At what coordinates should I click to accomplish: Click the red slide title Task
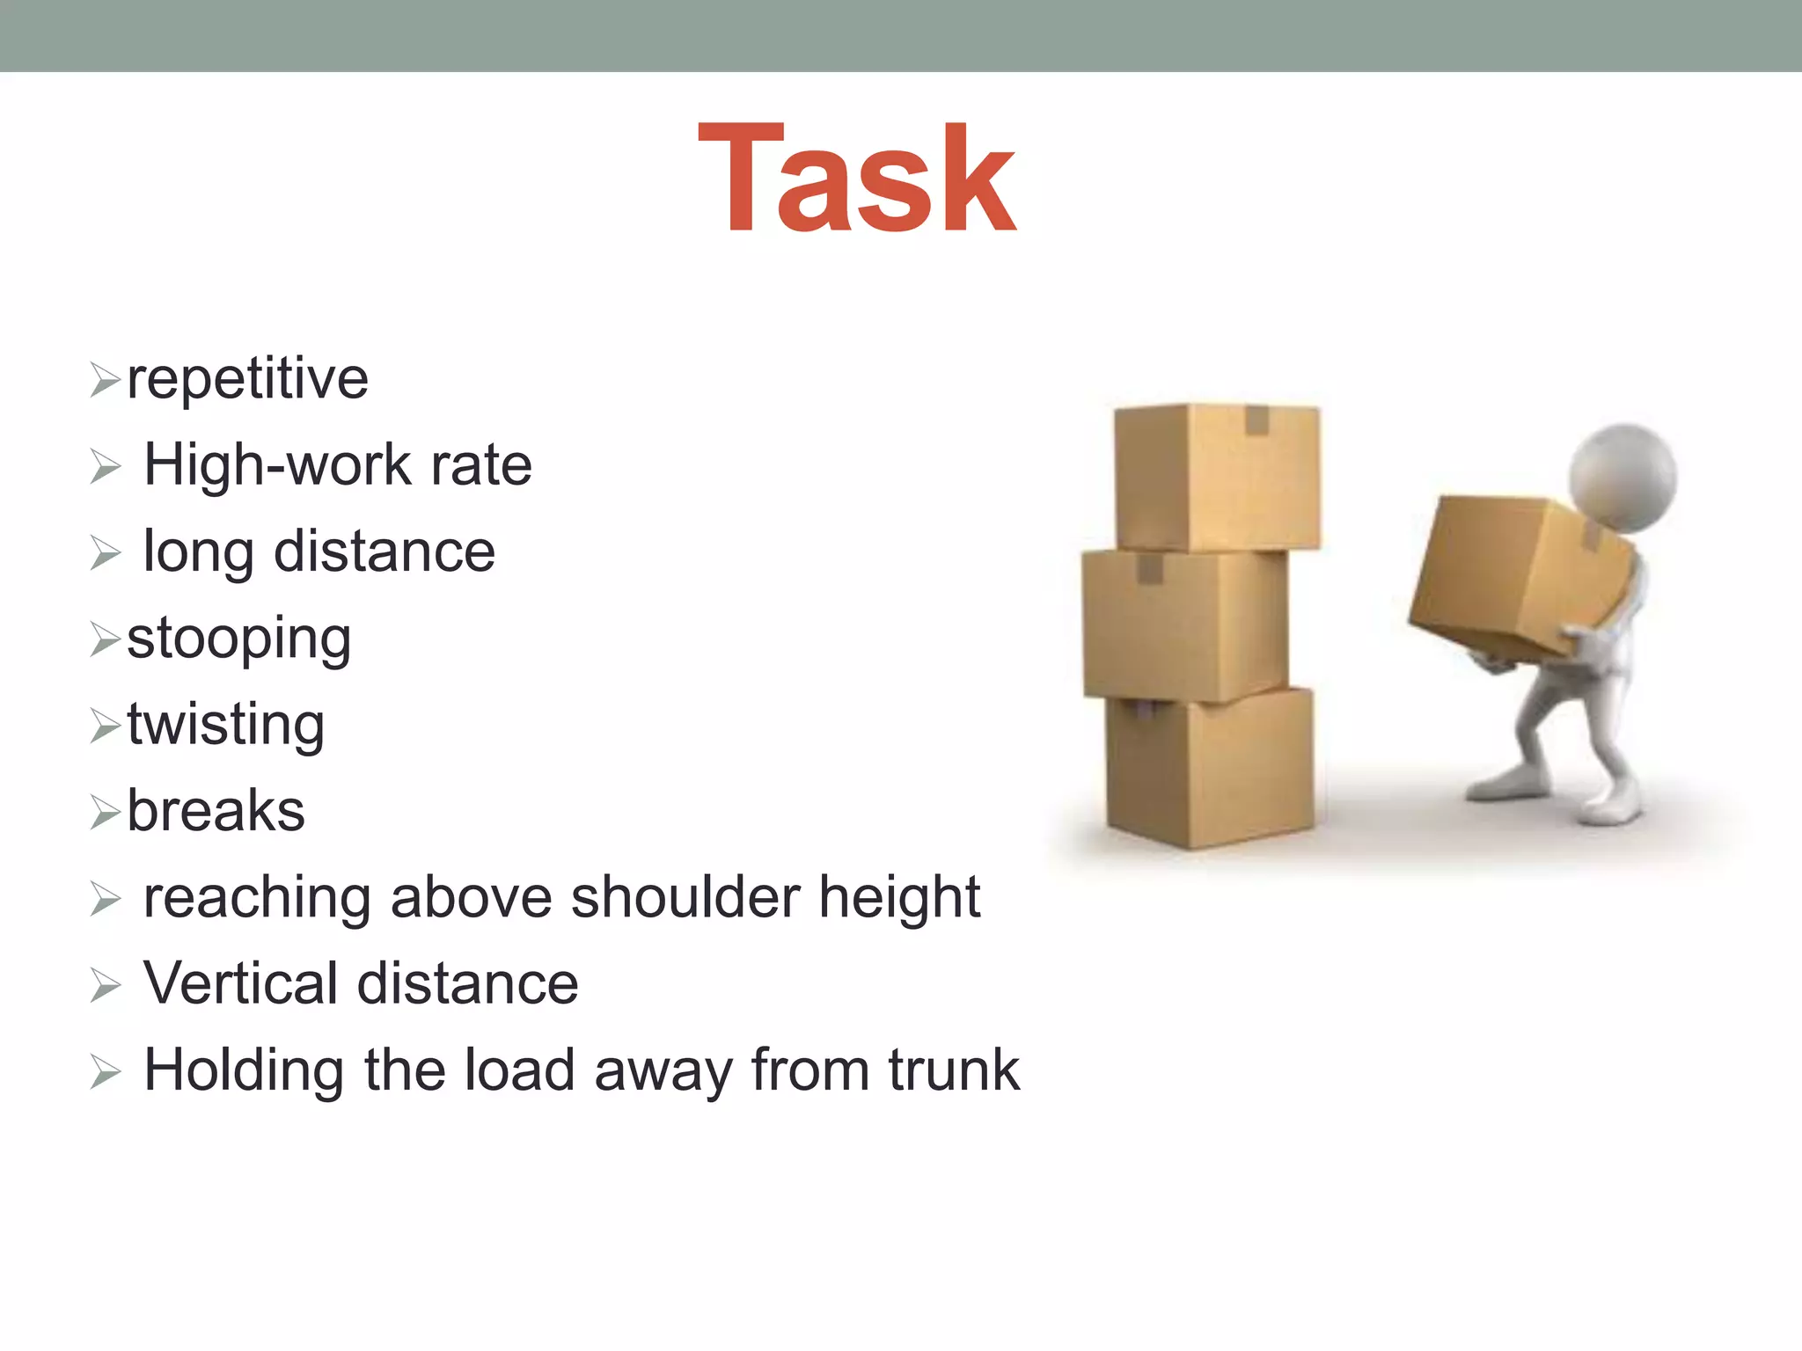tap(857, 179)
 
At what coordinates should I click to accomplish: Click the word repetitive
tap(247, 380)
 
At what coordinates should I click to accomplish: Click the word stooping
tap(238, 639)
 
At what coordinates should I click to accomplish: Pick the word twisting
tap(225, 726)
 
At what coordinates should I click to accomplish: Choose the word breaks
tap(216, 811)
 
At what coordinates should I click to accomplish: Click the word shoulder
tap(685, 898)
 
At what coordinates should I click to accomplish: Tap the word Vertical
tap(241, 983)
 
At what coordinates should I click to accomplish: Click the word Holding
tap(244, 1071)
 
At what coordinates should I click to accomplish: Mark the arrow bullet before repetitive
tap(105, 381)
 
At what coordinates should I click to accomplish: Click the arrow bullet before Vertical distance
tap(105, 985)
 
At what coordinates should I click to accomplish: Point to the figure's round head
tap(1623, 478)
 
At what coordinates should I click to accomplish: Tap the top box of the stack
tap(1217, 477)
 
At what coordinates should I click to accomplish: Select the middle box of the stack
tap(1183, 624)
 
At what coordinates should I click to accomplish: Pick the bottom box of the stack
tap(1210, 770)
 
